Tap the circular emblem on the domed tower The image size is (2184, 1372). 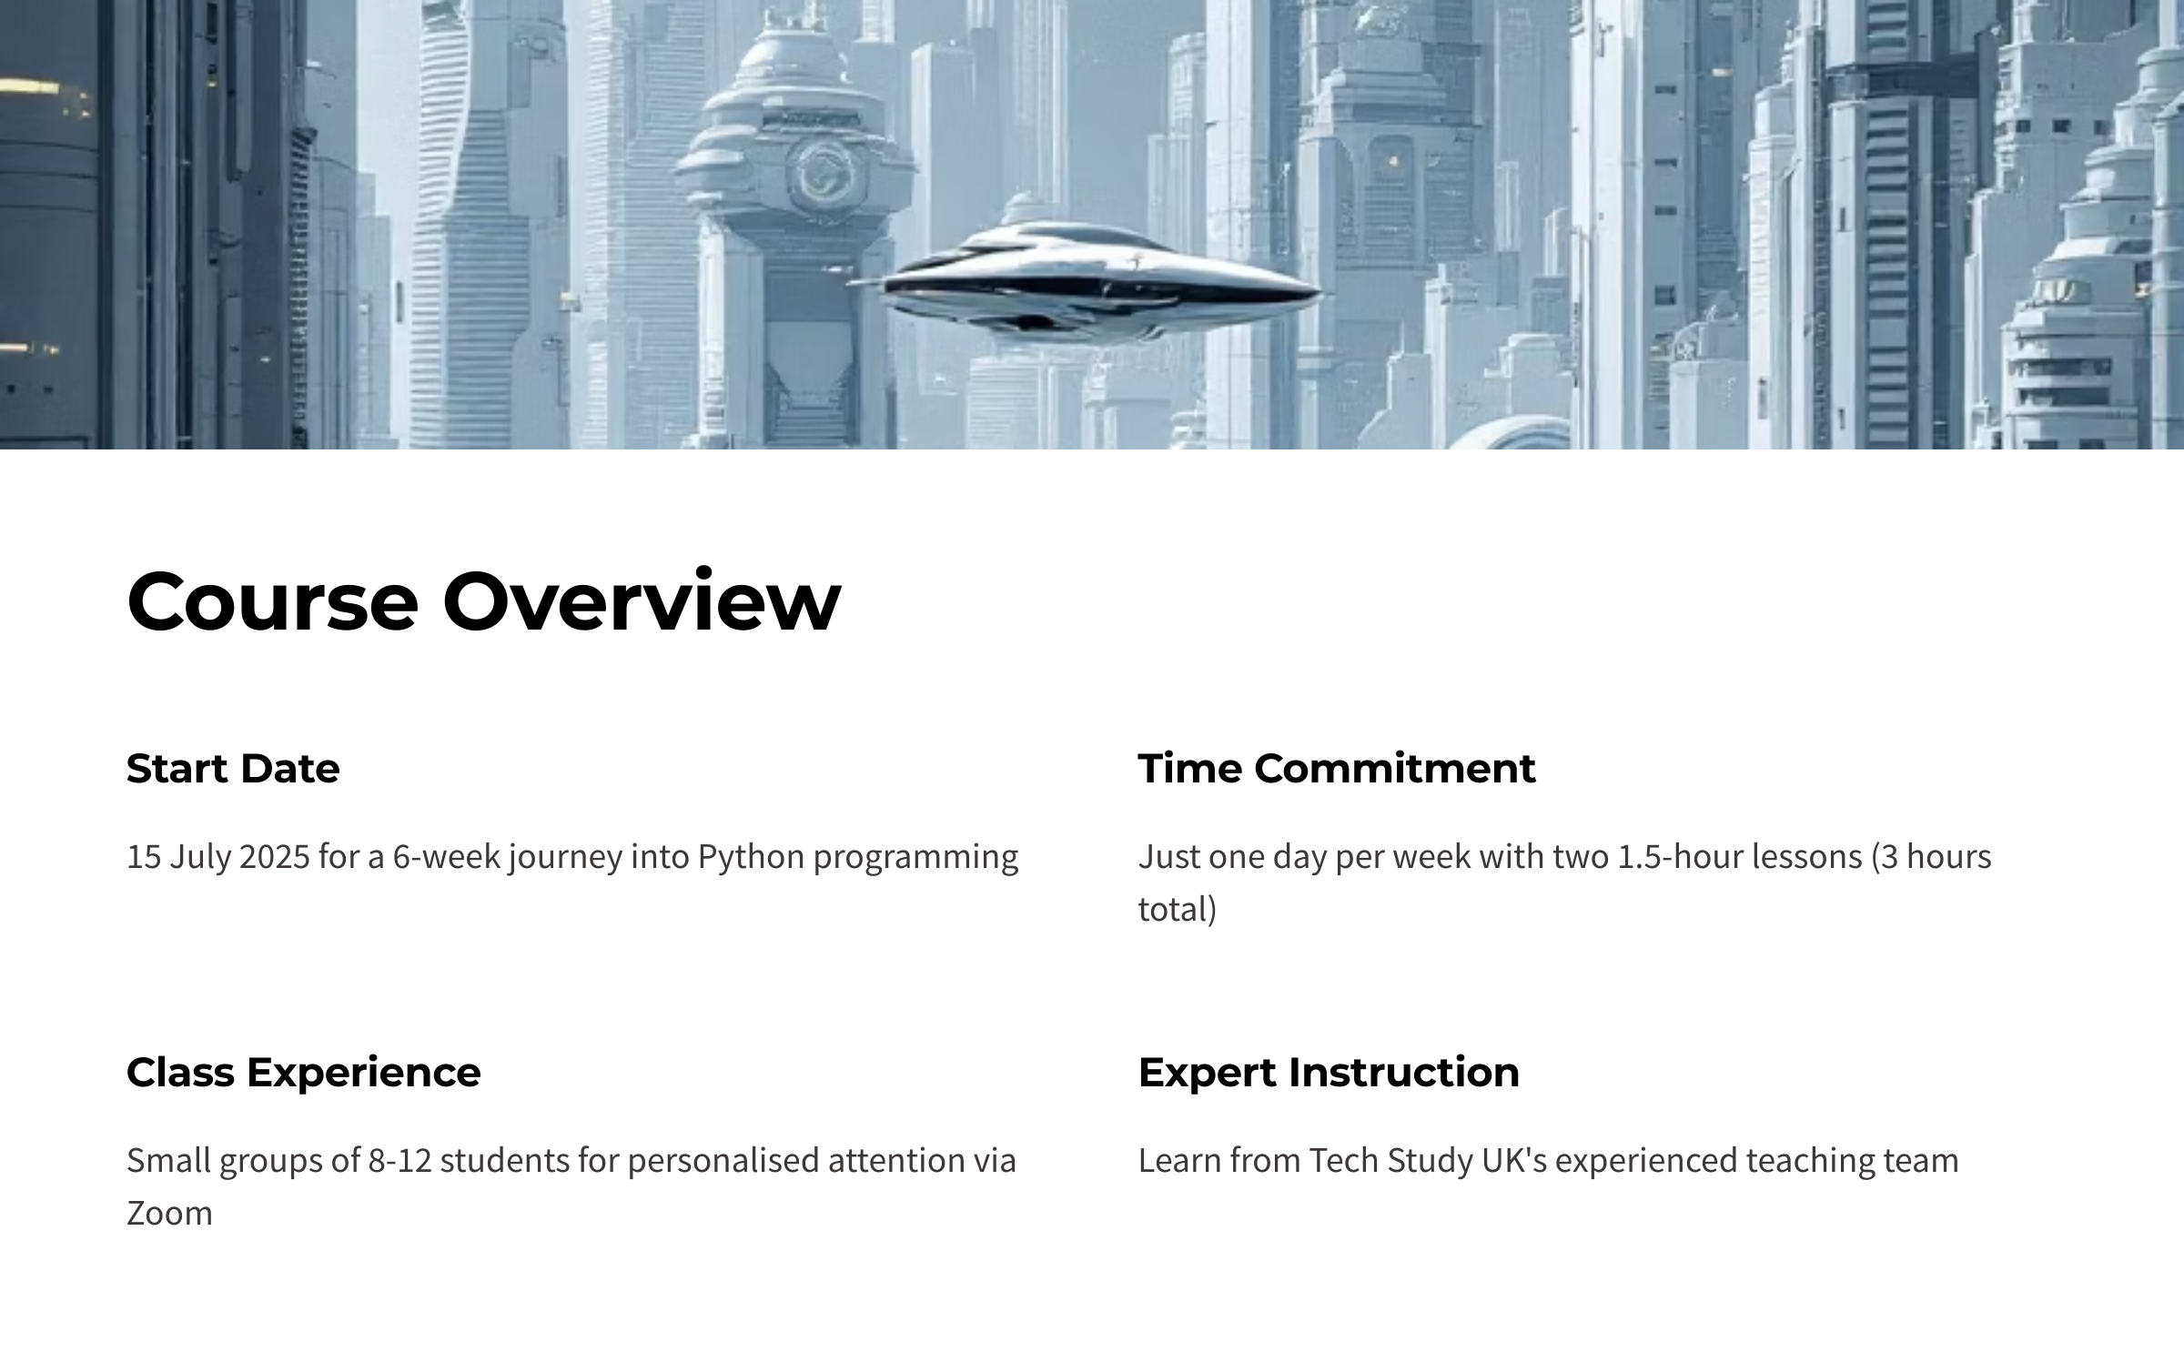pos(821,175)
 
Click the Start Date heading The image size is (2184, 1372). pos(233,769)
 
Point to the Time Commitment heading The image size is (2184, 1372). pos(1337,769)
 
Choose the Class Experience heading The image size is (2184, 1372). pos(303,1073)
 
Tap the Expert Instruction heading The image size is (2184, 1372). pos(1329,1073)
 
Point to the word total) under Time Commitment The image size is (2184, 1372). pos(1178,910)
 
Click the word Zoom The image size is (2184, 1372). pos(169,1214)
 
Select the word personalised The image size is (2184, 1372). pos(723,1162)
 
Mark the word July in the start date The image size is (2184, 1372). pos(197,858)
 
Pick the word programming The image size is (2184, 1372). pos(915,858)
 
